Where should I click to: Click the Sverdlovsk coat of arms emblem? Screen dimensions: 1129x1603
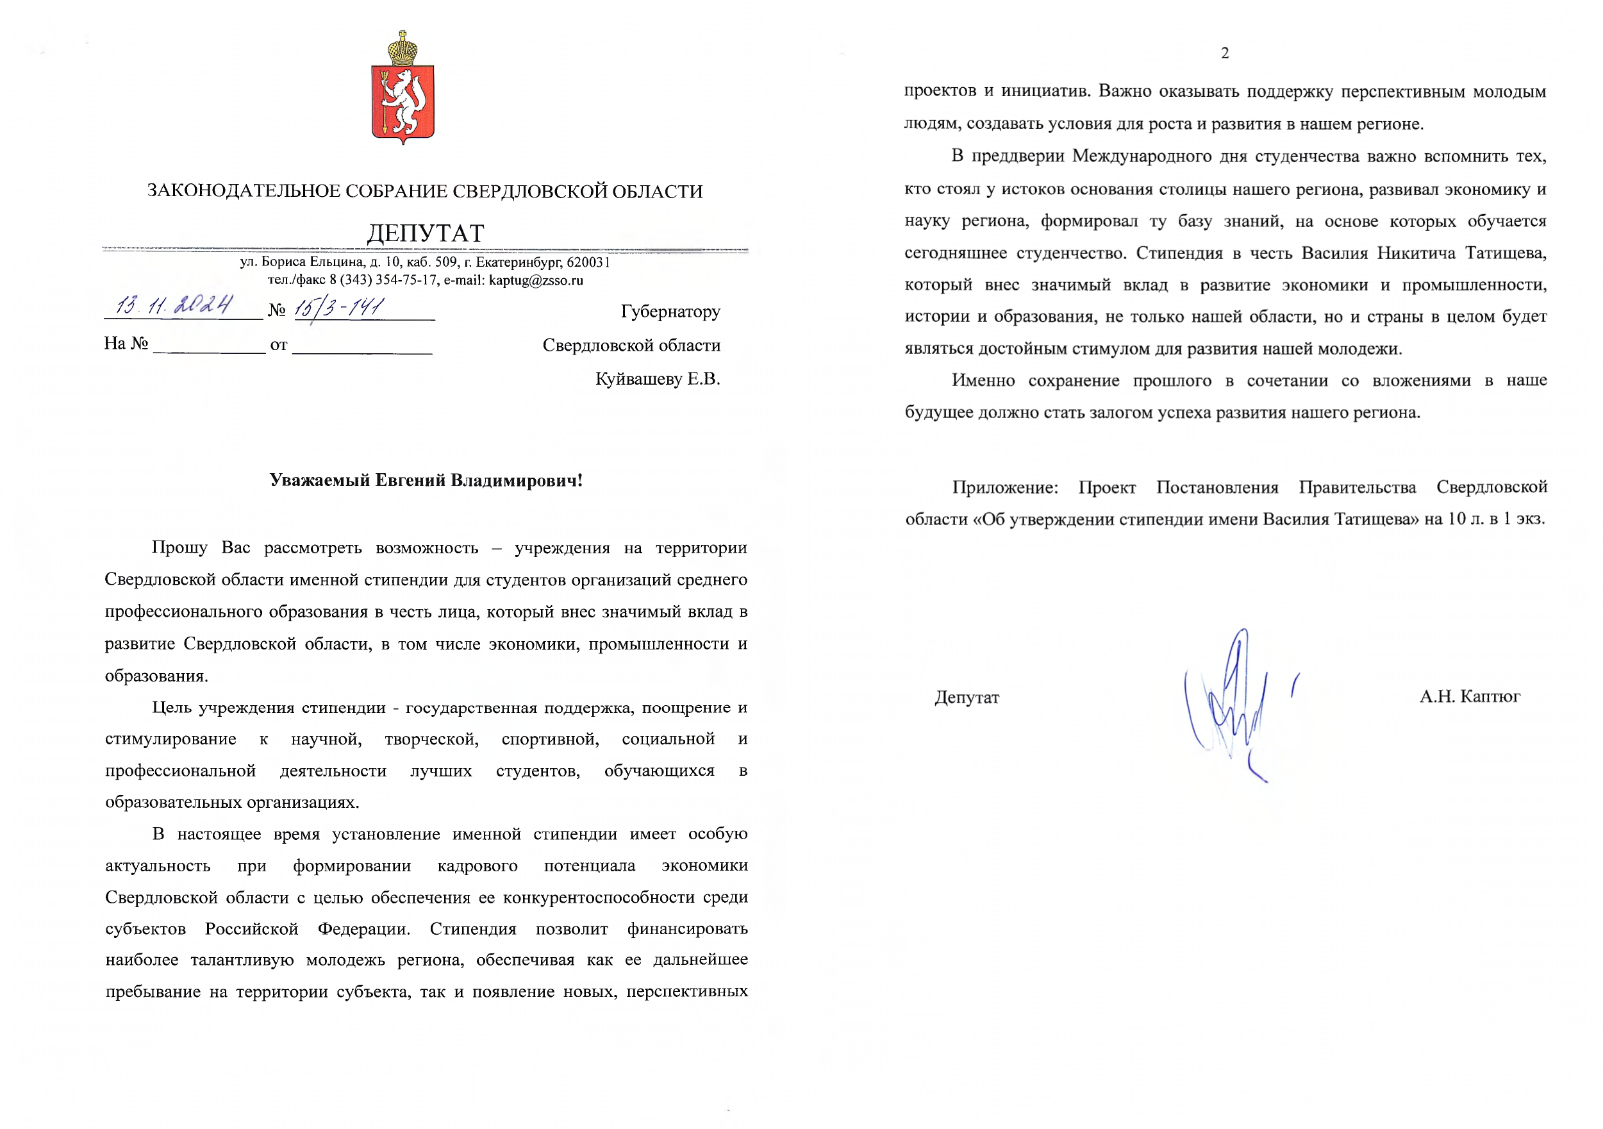pos(403,97)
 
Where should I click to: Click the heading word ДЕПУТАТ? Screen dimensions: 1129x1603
pos(425,233)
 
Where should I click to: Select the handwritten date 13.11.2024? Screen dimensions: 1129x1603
pos(174,306)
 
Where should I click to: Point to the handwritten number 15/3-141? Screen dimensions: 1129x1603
pos(338,307)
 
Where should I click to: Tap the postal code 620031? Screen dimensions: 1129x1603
pos(588,262)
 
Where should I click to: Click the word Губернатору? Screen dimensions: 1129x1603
pos(670,312)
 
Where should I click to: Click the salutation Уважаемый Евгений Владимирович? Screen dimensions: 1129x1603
pos(426,480)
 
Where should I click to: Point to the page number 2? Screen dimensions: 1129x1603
pos(1225,53)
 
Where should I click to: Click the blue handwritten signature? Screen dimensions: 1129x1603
pos(1233,705)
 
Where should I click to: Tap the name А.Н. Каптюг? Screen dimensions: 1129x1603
pos(1470,696)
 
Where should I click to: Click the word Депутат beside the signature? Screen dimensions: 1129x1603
pos(967,698)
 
